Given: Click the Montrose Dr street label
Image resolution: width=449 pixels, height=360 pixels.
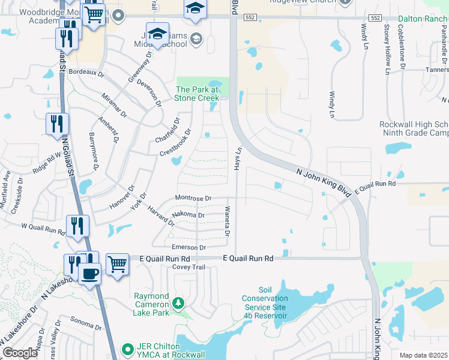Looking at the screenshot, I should click(x=193, y=198).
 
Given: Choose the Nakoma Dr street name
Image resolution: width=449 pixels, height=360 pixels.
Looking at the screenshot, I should click(x=188, y=214).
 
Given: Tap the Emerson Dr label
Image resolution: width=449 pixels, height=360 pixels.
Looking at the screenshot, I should click(x=188, y=247).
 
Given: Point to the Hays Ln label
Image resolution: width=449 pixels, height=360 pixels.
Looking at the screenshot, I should click(x=238, y=158).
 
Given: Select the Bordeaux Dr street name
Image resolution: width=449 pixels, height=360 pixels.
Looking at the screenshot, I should click(x=86, y=73).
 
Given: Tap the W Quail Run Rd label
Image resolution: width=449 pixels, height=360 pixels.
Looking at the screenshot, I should click(x=43, y=228).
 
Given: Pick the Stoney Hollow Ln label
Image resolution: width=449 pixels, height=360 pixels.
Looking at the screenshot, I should click(x=387, y=58).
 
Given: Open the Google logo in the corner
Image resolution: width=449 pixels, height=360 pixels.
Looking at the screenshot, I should click(x=20, y=353).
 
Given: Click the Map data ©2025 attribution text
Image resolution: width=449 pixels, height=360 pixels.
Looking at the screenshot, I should click(x=424, y=355).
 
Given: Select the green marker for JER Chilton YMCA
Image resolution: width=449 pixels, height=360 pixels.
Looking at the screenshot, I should click(x=127, y=349).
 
